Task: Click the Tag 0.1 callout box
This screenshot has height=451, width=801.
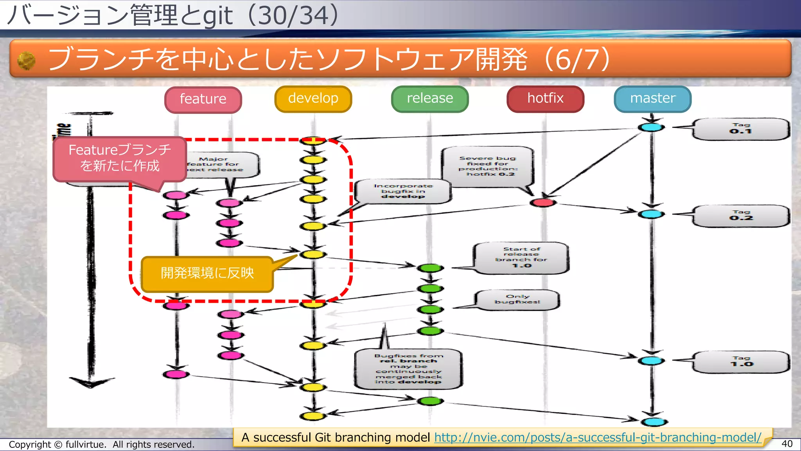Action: coord(740,129)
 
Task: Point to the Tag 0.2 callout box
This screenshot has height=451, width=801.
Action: coord(740,216)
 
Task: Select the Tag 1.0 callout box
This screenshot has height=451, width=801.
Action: coord(740,362)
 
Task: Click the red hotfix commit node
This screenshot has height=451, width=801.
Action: coord(543,202)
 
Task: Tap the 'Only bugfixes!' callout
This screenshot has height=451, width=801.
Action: coord(517,300)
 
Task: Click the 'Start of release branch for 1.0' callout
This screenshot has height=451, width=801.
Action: coord(521,258)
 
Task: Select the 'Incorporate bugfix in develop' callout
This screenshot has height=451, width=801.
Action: coord(403,191)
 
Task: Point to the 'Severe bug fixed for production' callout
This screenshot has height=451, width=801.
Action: coord(488,166)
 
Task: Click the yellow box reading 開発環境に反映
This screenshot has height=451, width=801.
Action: coord(207,273)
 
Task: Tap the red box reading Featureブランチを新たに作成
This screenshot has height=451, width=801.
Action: coord(120,158)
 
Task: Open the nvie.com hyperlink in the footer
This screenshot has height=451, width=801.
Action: coord(598,437)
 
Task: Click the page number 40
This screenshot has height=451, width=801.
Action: coord(787,444)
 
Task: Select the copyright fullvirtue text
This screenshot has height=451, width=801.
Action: coord(101,445)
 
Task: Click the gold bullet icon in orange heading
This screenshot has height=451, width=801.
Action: coord(27,61)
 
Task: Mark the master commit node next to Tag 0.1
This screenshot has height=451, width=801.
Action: coord(651,127)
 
